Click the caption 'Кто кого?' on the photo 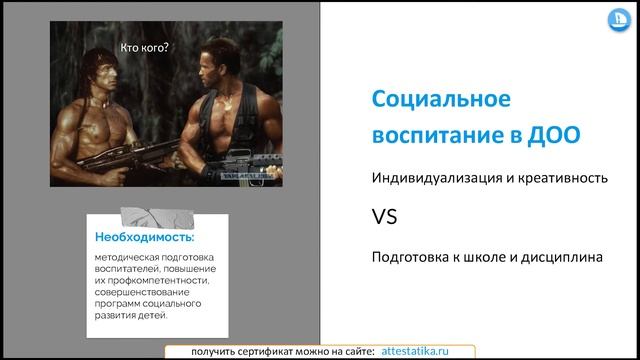point(144,45)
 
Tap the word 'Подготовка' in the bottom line point(412,257)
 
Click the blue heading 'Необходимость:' point(145,238)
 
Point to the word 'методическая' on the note point(125,257)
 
